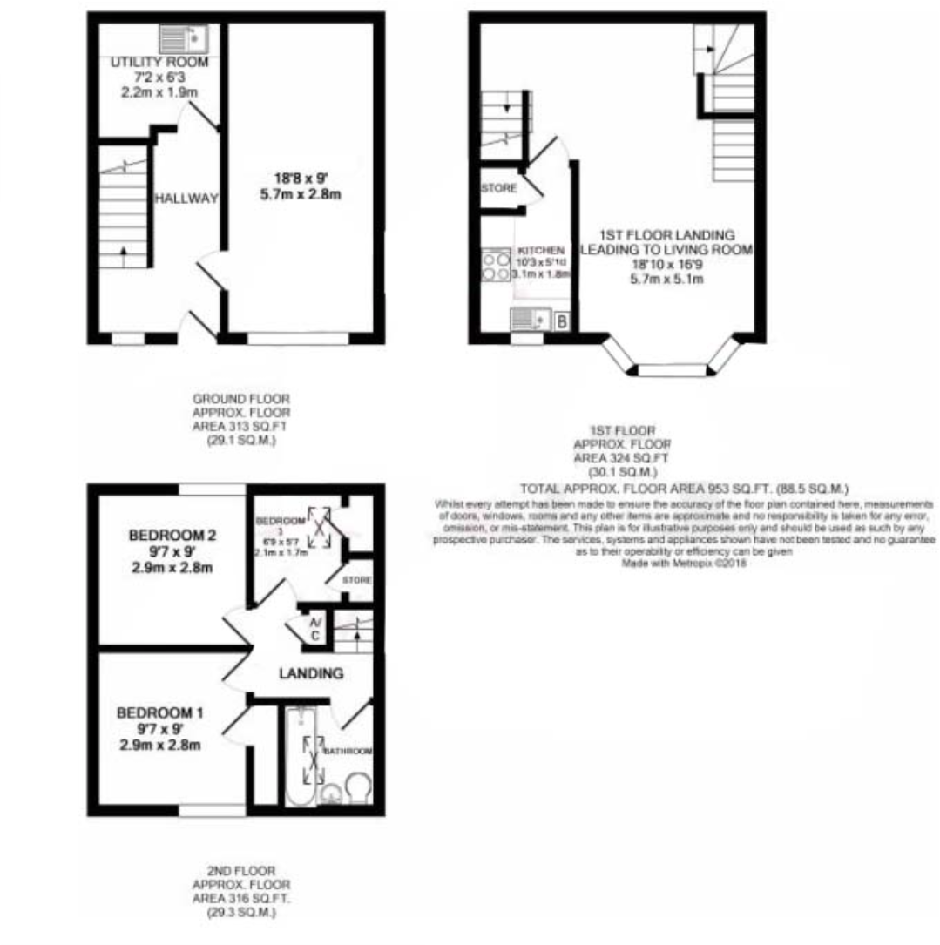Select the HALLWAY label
(186, 199)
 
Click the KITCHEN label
(541, 250)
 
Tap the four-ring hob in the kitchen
(496, 265)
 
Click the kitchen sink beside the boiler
(528, 320)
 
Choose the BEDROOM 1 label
(160, 714)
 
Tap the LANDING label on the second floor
(311, 673)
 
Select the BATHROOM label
(348, 751)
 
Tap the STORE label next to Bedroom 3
(356, 580)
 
